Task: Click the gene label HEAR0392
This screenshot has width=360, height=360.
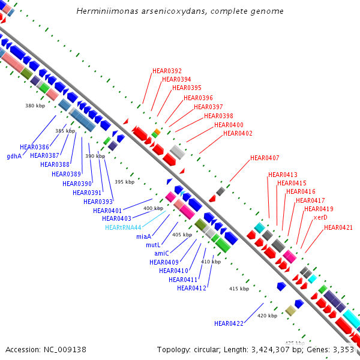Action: pos(167,71)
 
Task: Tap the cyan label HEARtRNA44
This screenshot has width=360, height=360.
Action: pos(123,227)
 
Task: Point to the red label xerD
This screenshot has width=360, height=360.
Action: pos(320,217)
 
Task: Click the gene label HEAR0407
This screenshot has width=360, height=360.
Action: pos(265,158)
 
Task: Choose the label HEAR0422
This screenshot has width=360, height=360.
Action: pos(229,323)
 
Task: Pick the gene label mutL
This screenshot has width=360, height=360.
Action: pos(153,245)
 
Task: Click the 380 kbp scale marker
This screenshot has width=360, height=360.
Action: pos(35,106)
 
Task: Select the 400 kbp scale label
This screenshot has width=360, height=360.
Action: pos(153,208)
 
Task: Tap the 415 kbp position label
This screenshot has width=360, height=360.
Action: pos(239,289)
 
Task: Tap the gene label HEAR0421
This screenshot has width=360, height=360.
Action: pos(338,227)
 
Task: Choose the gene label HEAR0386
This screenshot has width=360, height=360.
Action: pos(34,147)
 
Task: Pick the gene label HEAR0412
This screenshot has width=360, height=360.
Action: pos(192,289)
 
